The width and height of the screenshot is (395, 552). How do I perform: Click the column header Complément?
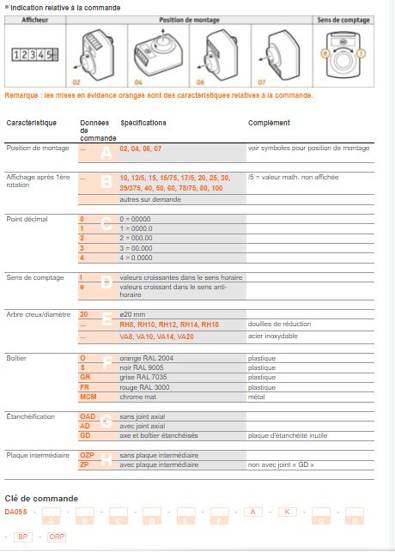pos(269,123)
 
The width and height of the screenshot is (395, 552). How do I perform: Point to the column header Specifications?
pos(143,123)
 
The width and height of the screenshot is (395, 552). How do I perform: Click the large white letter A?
pos(106,153)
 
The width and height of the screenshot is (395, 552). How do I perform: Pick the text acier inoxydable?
pos(272,337)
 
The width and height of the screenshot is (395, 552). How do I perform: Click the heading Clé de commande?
pos(41,498)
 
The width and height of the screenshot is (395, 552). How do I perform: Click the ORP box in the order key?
pos(57,537)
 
